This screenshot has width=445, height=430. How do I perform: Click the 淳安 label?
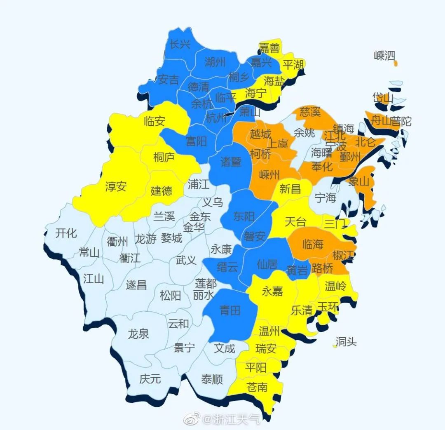pos(116,187)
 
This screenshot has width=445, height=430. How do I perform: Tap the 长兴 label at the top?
pos(180,44)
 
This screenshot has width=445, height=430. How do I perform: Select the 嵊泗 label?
pos(384,56)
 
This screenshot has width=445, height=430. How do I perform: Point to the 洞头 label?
pos(346,342)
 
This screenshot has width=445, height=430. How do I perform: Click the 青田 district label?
pos(230,310)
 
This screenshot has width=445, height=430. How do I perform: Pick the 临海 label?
pos(313,244)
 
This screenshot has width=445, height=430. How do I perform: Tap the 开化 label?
pos(66,233)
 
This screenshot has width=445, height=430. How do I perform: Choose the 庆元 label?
pos(150,378)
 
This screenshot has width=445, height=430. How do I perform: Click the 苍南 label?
pos(257,387)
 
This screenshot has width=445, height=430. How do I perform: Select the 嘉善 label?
pos(269,48)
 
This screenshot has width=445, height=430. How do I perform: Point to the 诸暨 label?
pos(231,162)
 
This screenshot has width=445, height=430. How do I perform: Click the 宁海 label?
pos(326,198)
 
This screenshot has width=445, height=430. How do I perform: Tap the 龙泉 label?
pos(138,334)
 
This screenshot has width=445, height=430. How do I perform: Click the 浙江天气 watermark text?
pos(236,420)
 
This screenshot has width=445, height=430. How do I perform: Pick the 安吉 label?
pos(169,79)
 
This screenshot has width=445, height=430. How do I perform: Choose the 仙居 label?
pos(267,264)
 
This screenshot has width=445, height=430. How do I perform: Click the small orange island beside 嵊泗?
pos(396,63)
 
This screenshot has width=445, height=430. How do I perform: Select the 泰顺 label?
pos(212,379)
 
